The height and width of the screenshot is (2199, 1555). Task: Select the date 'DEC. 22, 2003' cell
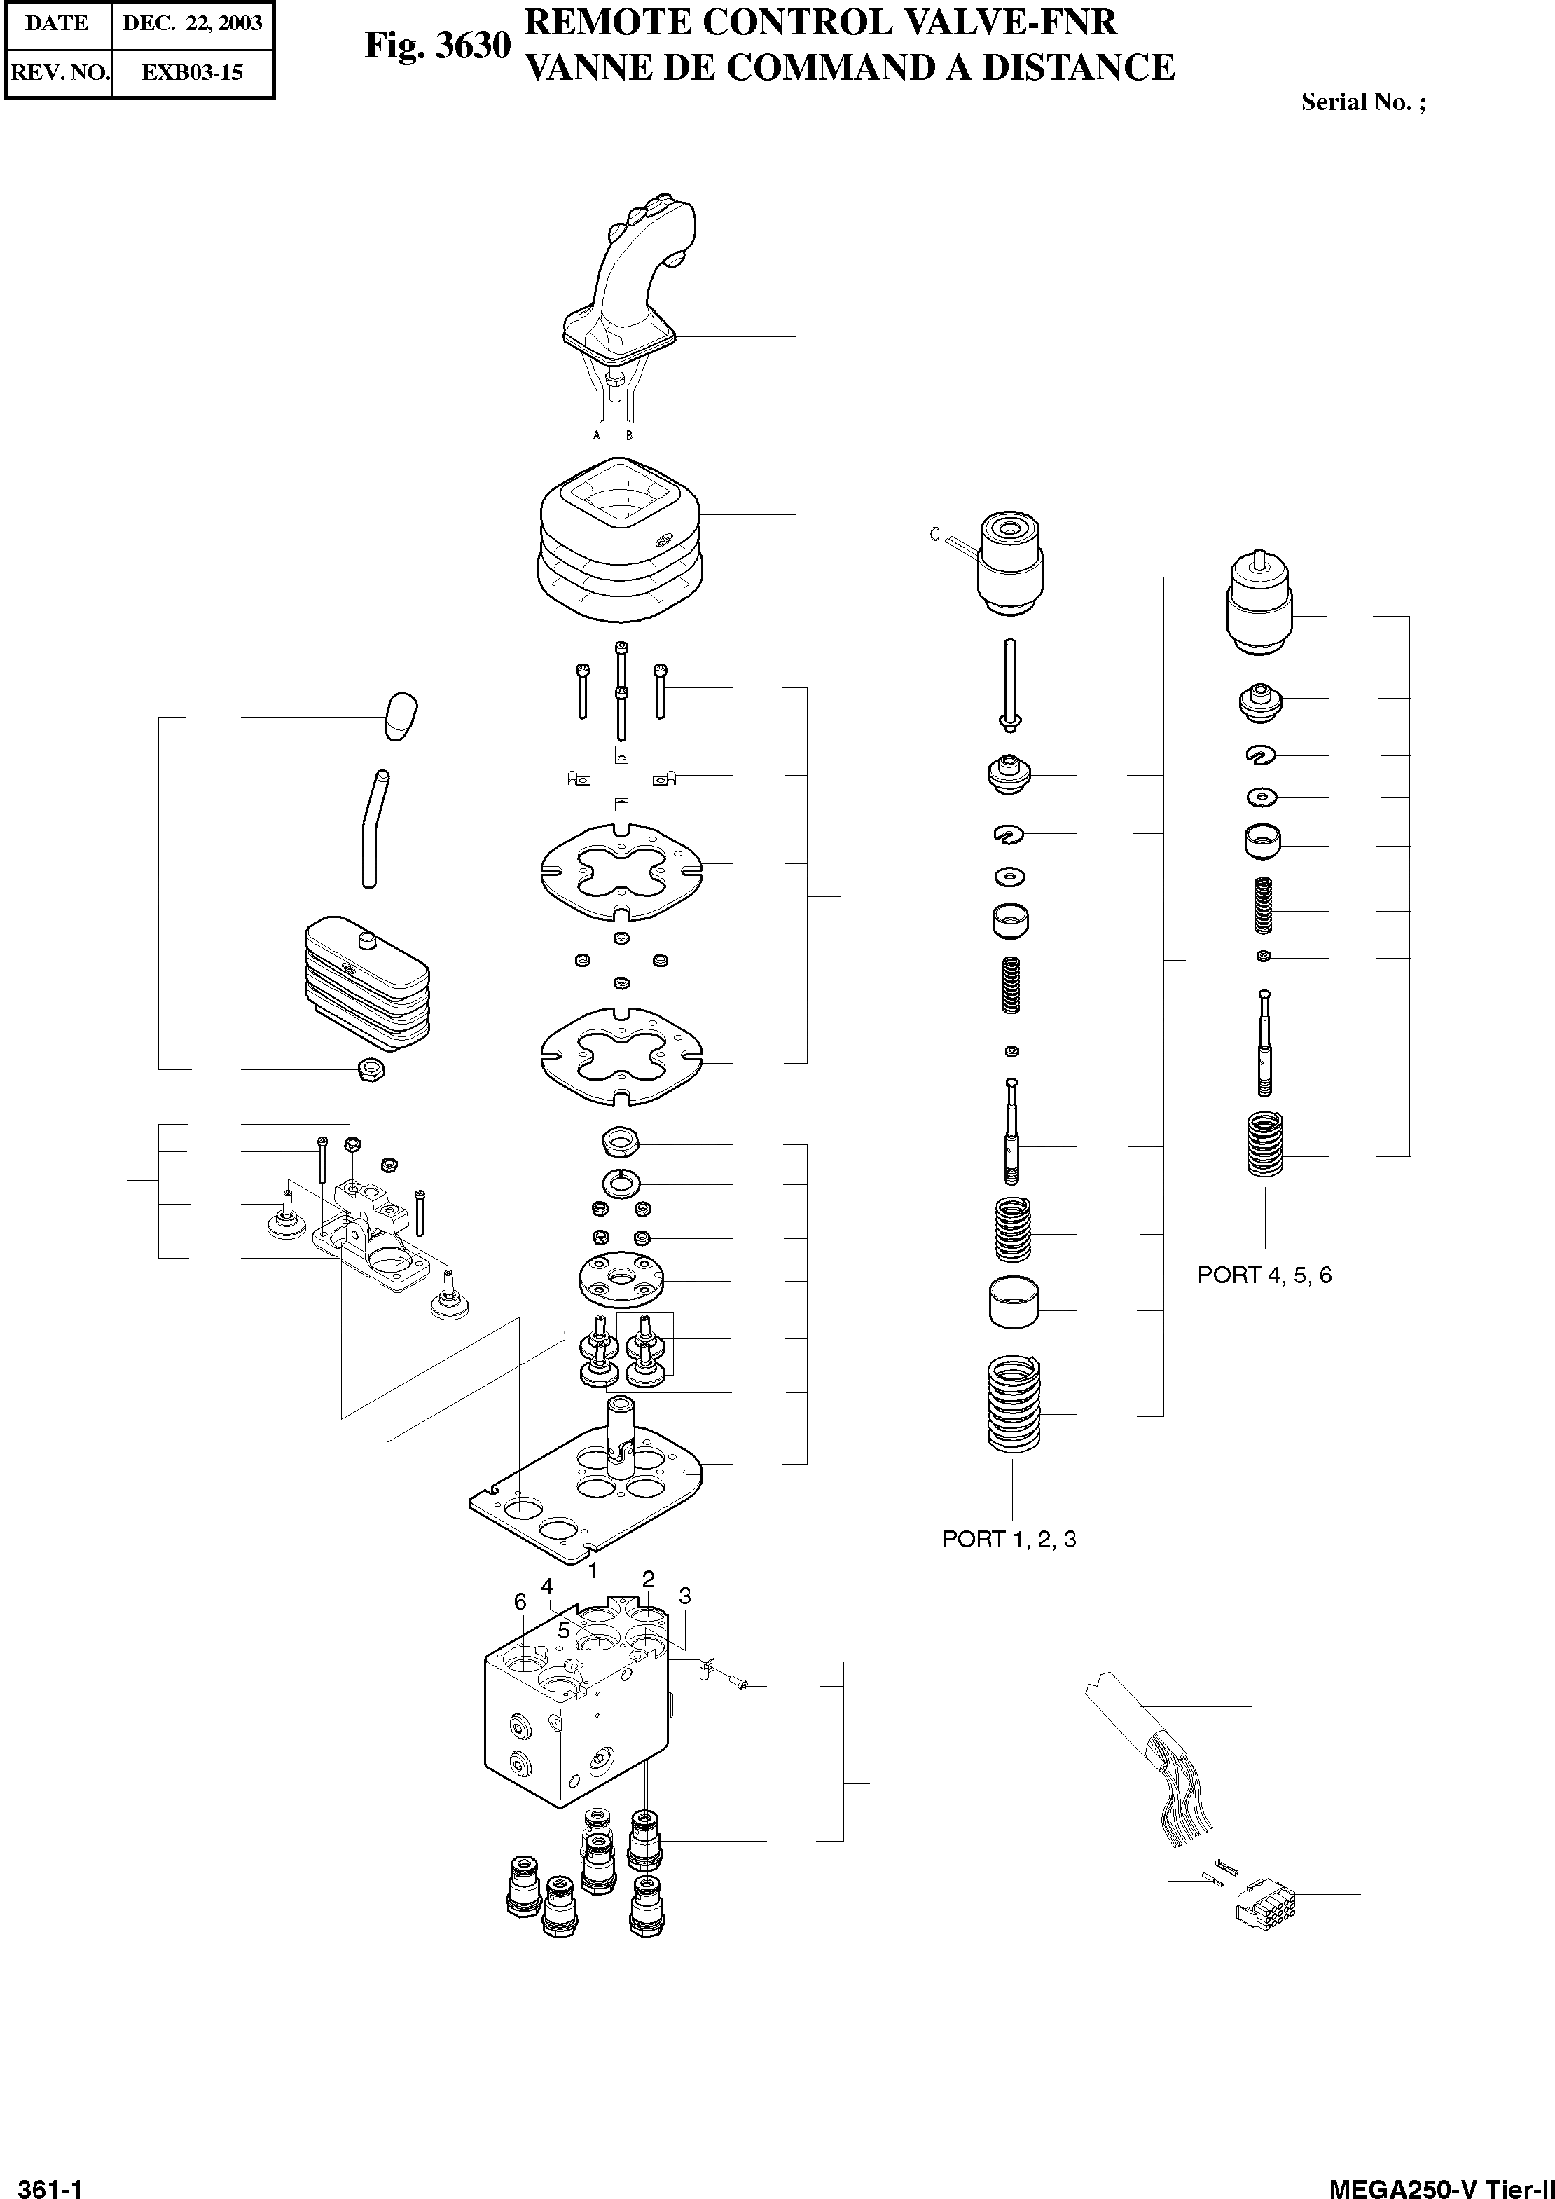[193, 24]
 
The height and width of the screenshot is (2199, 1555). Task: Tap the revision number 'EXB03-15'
[193, 73]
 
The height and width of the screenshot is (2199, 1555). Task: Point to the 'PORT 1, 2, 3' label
[1009, 1539]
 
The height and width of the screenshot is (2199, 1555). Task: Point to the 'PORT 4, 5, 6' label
[1264, 1275]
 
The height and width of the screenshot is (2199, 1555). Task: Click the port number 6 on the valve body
[520, 1601]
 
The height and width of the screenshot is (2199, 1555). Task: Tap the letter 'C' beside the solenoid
[934, 535]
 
